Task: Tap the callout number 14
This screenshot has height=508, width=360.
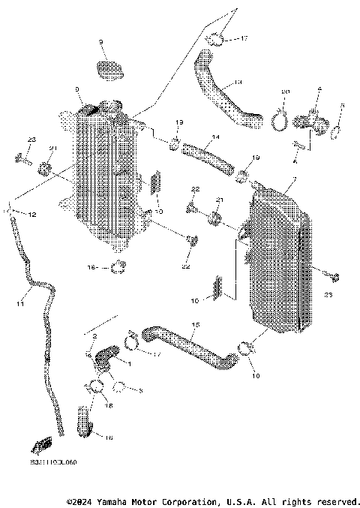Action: (215, 137)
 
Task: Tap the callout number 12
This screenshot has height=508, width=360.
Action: (32, 215)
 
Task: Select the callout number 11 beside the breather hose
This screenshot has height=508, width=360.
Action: (20, 304)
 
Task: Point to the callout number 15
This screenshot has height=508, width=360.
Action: (196, 325)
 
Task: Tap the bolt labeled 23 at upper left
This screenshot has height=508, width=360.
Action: (21, 158)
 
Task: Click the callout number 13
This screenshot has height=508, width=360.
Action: (238, 80)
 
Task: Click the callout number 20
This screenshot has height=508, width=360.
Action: (285, 92)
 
